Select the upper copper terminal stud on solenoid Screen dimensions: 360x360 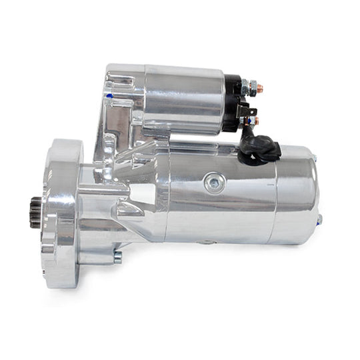(x=260, y=87)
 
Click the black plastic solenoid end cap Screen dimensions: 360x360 (x=231, y=103)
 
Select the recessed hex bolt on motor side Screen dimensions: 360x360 (x=214, y=180)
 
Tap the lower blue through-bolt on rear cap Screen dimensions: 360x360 (x=319, y=219)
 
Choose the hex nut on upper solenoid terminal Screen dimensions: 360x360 (x=251, y=86)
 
